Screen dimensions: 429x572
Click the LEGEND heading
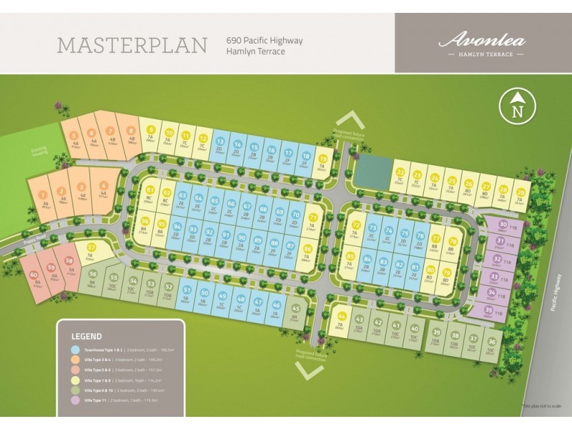tap(87, 335)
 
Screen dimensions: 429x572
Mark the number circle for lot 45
tap(295, 309)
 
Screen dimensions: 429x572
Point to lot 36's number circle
tap(491, 342)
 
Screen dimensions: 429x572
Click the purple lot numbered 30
tap(503, 225)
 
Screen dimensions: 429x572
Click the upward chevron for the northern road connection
tap(350, 118)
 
